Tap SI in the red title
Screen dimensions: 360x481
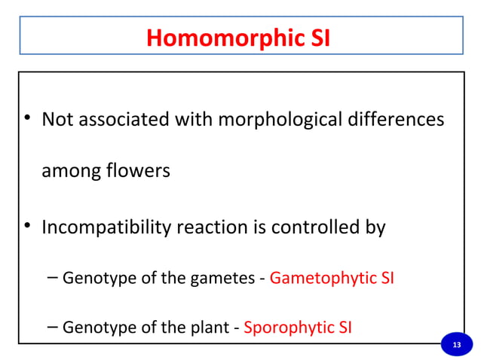click(x=320, y=37)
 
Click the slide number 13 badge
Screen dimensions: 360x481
click(x=455, y=344)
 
